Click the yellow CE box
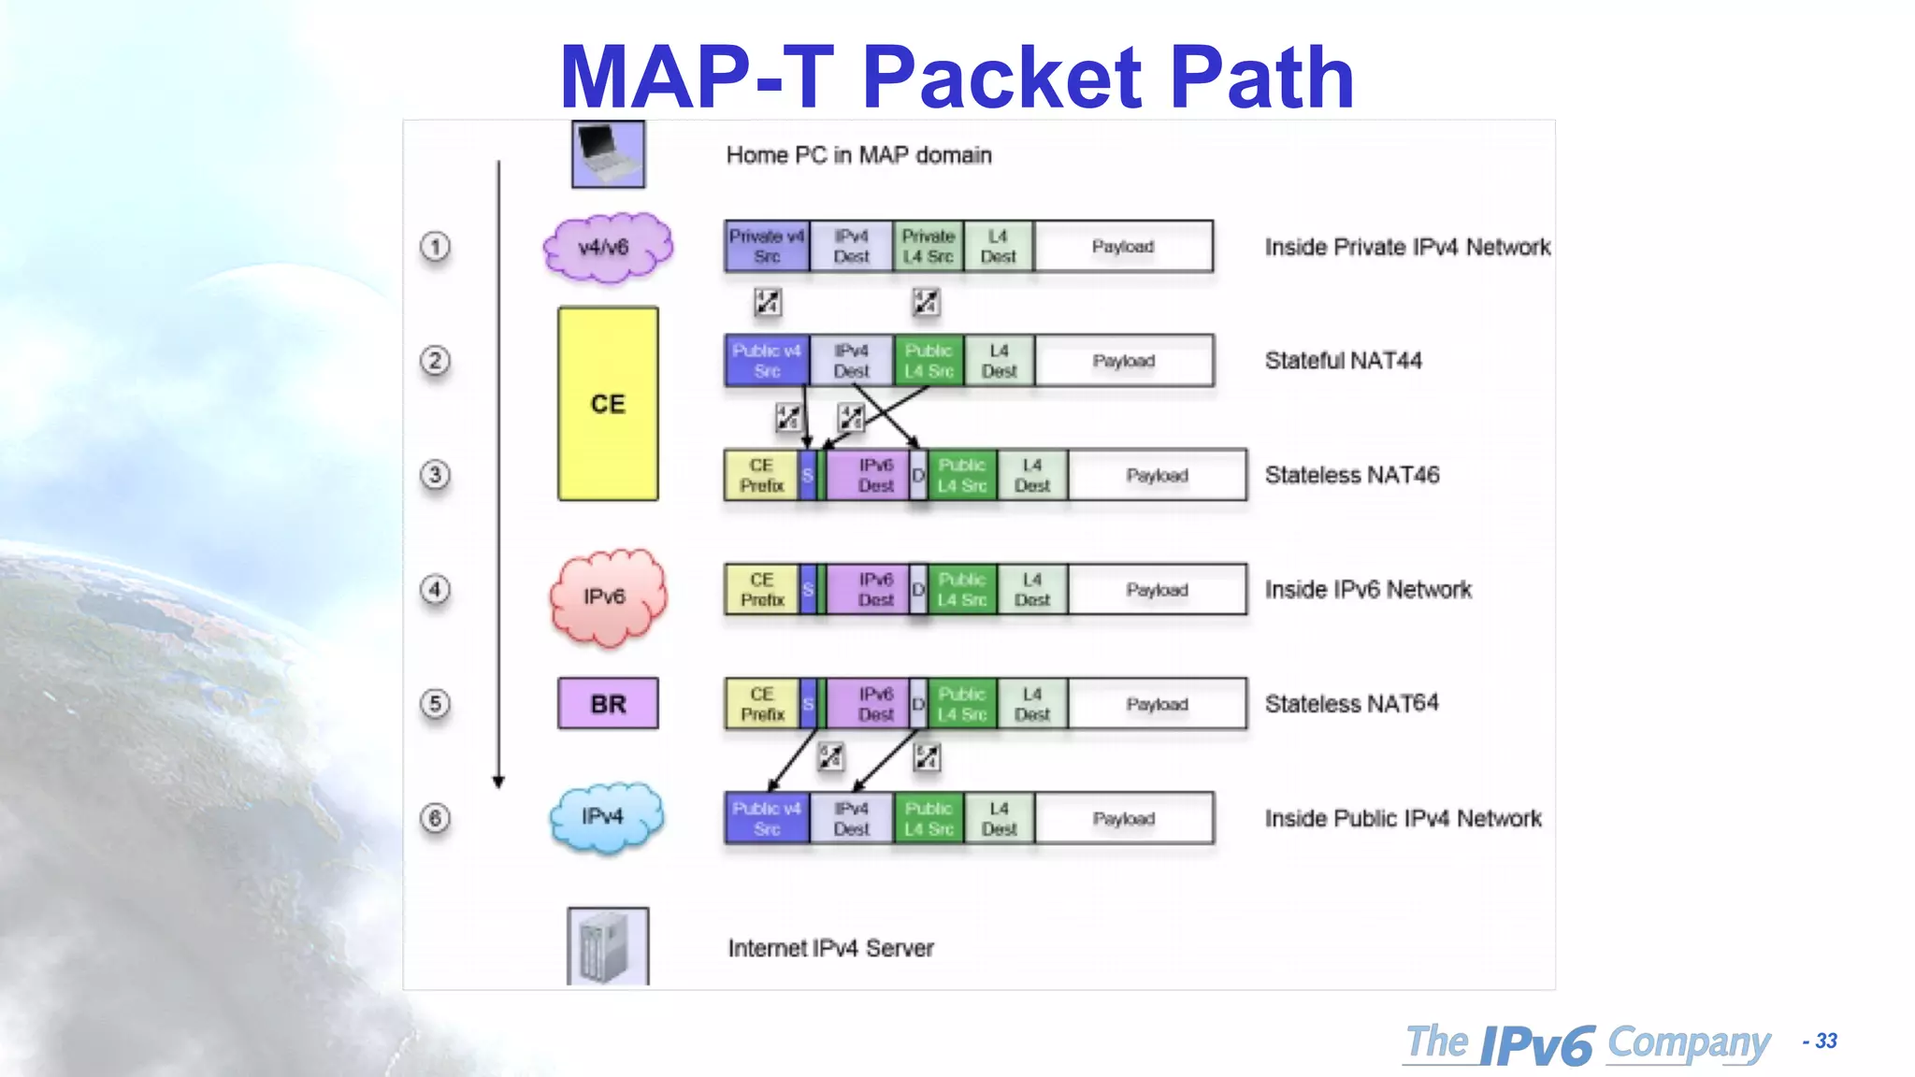[608, 404]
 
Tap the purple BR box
[608, 704]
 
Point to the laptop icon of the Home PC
[608, 154]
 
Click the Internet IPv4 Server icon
[608, 946]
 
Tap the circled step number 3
[435, 475]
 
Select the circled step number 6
[435, 818]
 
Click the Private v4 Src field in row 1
[767, 247]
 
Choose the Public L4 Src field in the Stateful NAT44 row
[929, 361]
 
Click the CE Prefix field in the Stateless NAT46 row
[761, 475]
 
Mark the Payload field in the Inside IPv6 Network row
[1157, 590]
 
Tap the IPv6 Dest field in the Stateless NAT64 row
[875, 704]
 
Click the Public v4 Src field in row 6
[767, 818]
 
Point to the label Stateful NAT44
[1343, 361]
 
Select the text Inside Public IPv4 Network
[1403, 819]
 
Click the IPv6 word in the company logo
[1537, 1045]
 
